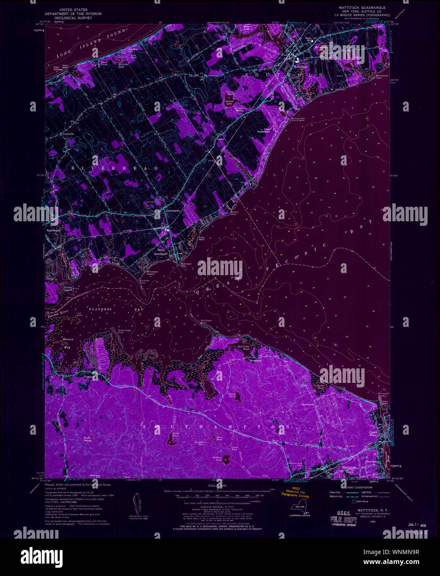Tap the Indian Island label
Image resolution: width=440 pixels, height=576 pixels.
68,289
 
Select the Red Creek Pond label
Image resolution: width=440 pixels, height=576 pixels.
244,347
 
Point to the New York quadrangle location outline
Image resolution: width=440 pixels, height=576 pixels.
301,508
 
